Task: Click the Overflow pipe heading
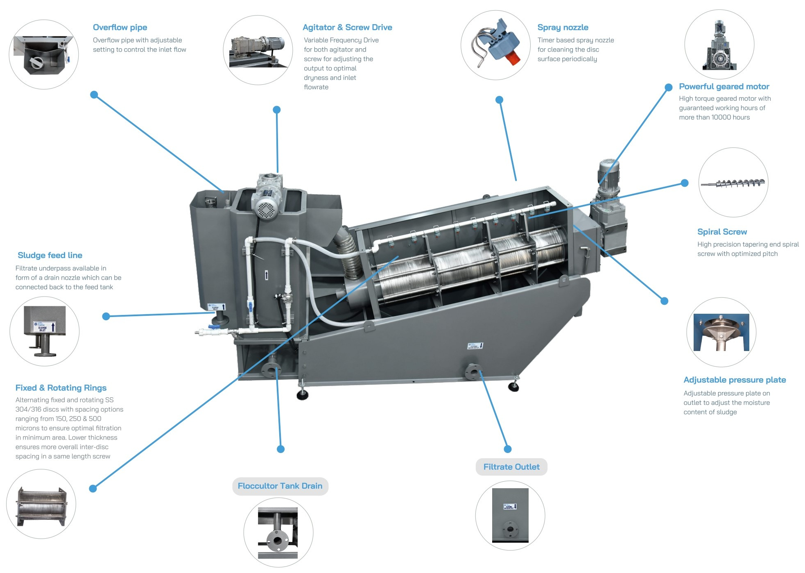[x=120, y=27]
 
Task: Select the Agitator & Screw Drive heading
[x=347, y=27]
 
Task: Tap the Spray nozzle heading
[x=563, y=27]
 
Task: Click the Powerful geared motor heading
[x=724, y=86]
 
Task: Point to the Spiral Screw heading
[x=722, y=232]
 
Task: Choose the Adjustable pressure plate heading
[x=734, y=380]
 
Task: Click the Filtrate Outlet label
[x=511, y=467]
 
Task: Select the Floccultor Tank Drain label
[x=280, y=486]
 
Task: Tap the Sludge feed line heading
[x=50, y=255]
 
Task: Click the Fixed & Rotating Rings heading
[x=61, y=388]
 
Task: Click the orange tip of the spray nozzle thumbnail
[x=512, y=59]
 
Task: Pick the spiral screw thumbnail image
[x=733, y=183]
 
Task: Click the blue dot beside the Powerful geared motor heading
[x=668, y=87]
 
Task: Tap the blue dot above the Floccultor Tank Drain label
[x=280, y=449]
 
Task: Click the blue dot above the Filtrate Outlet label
[x=508, y=449]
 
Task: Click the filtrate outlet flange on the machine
[x=473, y=371]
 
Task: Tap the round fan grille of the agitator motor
[x=267, y=210]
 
